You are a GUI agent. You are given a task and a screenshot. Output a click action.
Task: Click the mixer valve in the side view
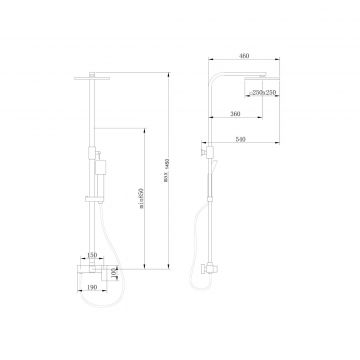click(213, 270)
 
